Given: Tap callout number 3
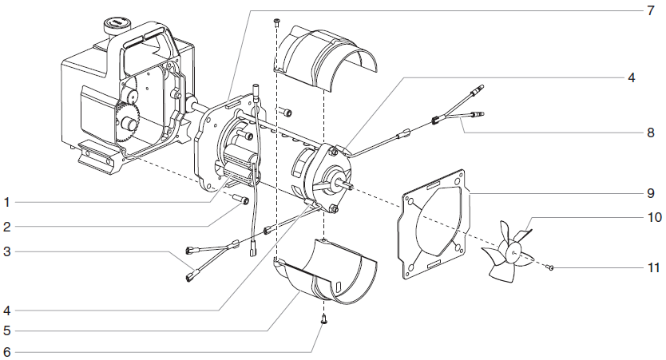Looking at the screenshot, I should point(6,252).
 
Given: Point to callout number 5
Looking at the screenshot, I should point(6,329).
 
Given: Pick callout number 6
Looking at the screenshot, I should point(6,351).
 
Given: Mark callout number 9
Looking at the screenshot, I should point(651,193).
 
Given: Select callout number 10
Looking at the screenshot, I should point(651,217).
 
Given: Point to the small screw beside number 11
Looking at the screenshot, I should point(552,267).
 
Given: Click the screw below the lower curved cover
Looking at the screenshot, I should point(323,318).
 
